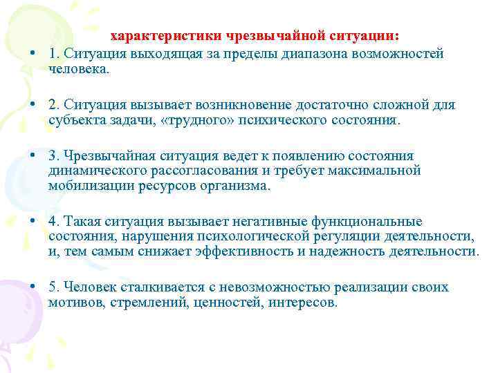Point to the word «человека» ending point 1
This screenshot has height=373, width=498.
[x=76, y=68]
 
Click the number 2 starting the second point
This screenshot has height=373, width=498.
[x=53, y=105]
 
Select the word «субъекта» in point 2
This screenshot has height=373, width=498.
[x=75, y=120]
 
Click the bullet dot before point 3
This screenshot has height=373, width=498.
[x=33, y=156]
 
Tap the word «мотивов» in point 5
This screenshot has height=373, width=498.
[x=75, y=303]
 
